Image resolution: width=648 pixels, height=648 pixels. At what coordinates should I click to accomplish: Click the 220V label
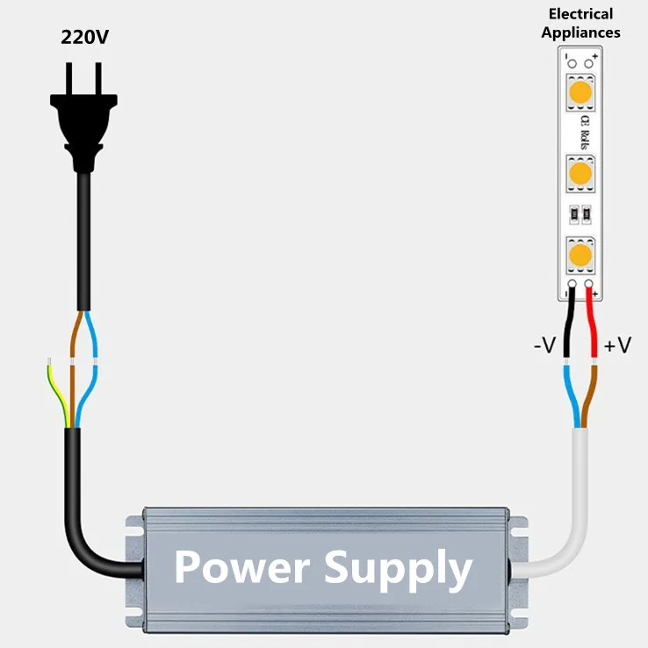pyautogui.click(x=85, y=37)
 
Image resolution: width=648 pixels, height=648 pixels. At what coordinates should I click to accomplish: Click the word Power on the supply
pyautogui.click(x=241, y=567)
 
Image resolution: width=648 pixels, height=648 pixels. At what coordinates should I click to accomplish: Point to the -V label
pyautogui.click(x=544, y=345)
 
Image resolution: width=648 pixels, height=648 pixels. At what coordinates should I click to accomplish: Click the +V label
pyautogui.click(x=617, y=345)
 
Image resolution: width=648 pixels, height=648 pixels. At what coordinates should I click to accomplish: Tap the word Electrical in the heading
pyautogui.click(x=580, y=14)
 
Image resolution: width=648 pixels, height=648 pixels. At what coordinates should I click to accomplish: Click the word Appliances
pyautogui.click(x=580, y=32)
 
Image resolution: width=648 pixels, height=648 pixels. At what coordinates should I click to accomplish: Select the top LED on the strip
pyautogui.click(x=580, y=91)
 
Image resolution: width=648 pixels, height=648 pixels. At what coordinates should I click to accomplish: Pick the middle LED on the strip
pyautogui.click(x=580, y=173)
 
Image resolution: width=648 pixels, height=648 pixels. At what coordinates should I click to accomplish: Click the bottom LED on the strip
pyautogui.click(x=580, y=256)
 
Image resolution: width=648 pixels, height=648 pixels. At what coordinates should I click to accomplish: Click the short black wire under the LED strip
pyautogui.click(x=570, y=325)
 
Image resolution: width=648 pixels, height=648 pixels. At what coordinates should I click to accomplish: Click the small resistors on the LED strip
pyautogui.click(x=580, y=212)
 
